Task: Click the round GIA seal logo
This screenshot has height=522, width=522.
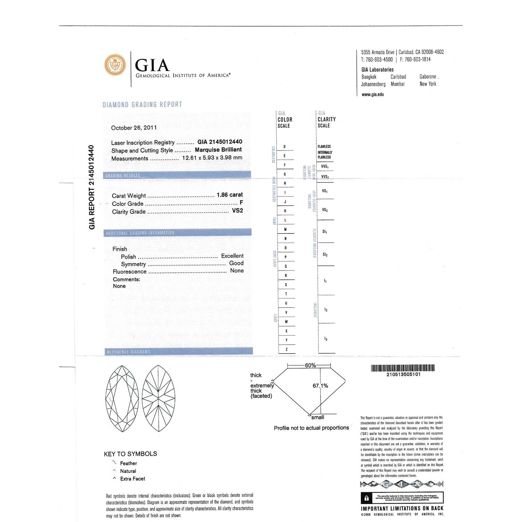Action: coord(115,64)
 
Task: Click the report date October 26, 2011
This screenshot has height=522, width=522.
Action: coord(134,128)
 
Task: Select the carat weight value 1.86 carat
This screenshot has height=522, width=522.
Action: coord(230,195)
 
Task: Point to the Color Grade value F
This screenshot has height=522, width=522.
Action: coord(241,203)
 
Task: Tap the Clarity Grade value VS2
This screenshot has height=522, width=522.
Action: coord(238,211)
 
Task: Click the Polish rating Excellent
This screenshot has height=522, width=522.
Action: coord(232,256)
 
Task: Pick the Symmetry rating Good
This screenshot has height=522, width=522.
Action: coord(236,263)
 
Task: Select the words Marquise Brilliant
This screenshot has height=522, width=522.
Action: coord(218,150)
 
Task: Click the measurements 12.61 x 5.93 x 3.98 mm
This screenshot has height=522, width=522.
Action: coord(212,158)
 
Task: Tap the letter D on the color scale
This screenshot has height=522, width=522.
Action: coord(284,147)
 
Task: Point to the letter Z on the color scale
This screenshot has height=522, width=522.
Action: coord(286,349)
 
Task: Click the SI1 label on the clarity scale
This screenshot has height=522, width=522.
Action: coord(325,232)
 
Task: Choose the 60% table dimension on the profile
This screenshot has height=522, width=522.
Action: coord(310,365)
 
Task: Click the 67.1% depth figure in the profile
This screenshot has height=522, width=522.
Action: coord(320,386)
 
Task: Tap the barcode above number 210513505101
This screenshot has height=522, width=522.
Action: coord(403,368)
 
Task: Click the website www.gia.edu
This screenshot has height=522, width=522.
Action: coord(372,94)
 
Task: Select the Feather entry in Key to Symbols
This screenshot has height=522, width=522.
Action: coord(128,463)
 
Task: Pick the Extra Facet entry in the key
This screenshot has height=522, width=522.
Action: coord(133,479)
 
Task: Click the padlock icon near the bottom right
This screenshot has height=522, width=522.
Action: coord(366,499)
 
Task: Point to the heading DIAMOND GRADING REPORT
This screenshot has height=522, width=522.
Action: coord(142,105)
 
